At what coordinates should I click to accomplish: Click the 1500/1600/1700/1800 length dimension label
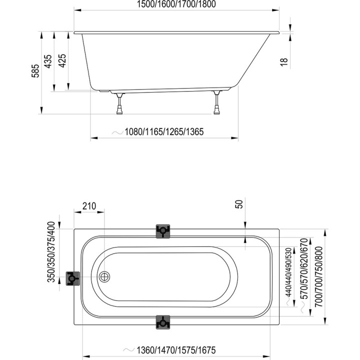click(176, 4)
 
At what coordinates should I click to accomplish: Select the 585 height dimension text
click(35, 71)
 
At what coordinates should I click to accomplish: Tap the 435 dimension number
click(48, 61)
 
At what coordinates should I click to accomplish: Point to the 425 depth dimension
click(62, 60)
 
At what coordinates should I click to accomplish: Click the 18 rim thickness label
click(284, 62)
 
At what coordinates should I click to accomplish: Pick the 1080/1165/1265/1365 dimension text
click(164, 132)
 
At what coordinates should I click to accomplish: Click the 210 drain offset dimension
click(89, 206)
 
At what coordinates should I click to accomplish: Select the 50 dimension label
click(239, 204)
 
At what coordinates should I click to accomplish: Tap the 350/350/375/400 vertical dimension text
click(51, 251)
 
